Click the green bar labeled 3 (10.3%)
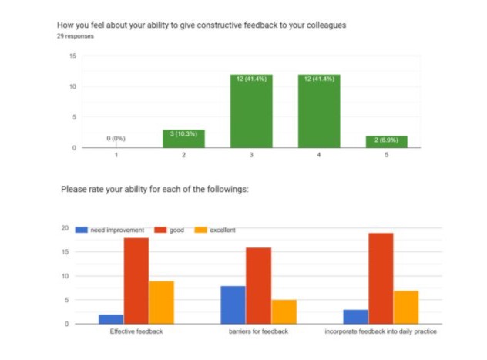click(183, 139)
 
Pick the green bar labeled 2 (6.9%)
click(387, 142)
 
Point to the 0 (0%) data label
click(115, 139)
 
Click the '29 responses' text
click(75, 35)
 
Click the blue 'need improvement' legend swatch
click(80, 230)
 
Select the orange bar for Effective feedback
click(161, 302)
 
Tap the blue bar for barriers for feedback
click(233, 304)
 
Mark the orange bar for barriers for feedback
click(284, 311)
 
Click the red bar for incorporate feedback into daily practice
click(381, 278)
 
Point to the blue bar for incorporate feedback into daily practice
click(355, 316)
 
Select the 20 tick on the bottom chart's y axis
click(66, 228)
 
